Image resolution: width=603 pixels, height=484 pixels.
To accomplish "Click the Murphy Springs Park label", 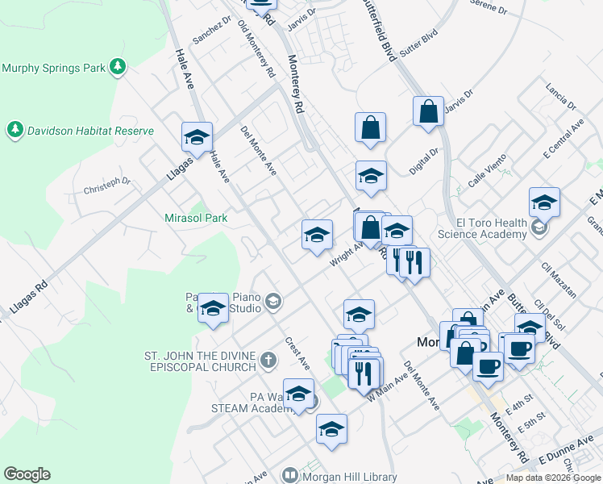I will [54, 68].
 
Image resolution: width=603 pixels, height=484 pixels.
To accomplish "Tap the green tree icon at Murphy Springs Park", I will [119, 67].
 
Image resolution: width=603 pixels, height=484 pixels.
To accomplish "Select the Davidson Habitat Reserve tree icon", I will [15, 129].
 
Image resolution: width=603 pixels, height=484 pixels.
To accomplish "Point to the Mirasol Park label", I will [196, 218].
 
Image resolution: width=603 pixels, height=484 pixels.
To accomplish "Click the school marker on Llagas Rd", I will [196, 138].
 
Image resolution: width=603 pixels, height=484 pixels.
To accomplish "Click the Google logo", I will [27, 474].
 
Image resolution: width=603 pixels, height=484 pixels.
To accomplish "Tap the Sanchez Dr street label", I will [212, 31].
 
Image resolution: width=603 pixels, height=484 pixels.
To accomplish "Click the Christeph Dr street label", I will [106, 186].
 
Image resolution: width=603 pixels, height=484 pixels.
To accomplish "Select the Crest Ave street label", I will [297, 353].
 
